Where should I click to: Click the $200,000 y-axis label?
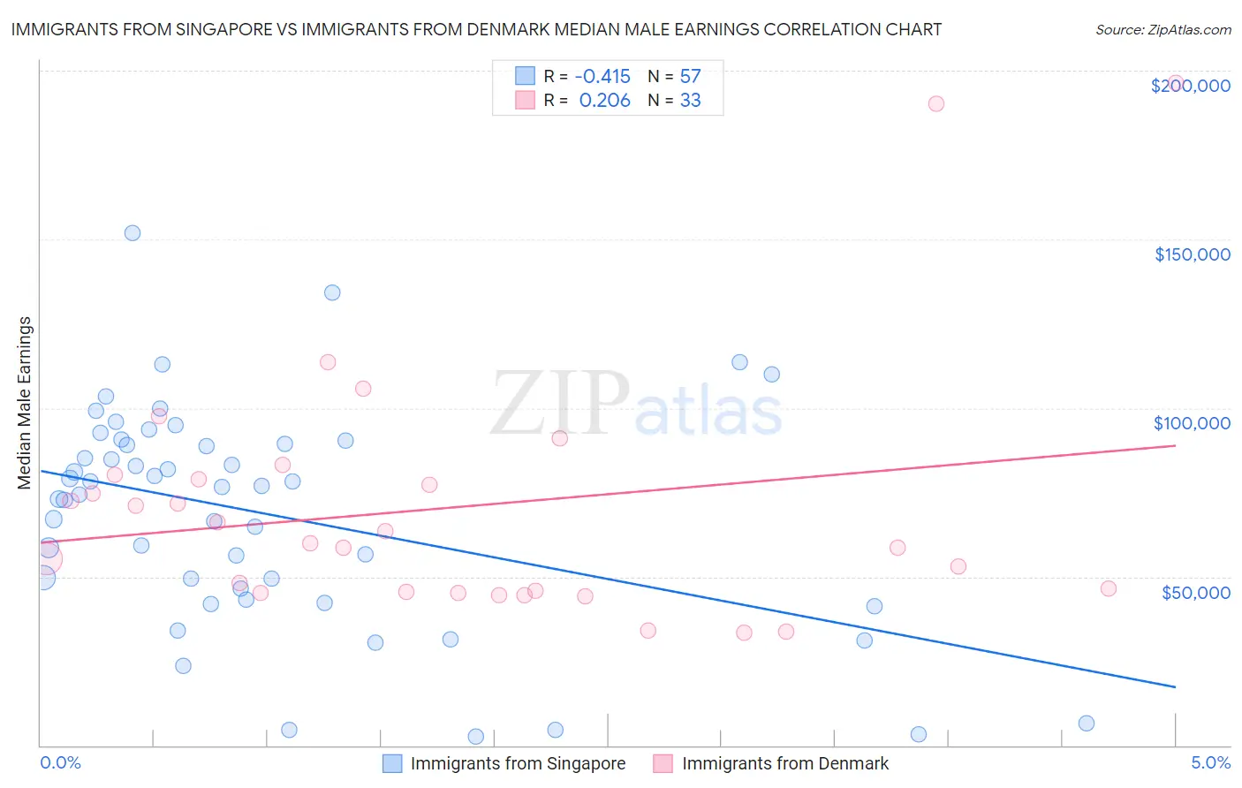click(1190, 86)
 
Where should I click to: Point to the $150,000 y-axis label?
click(1192, 254)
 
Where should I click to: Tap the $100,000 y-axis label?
click(1192, 423)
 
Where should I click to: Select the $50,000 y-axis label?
click(1195, 592)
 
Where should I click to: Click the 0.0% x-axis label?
click(60, 762)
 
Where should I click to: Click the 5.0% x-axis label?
click(1210, 762)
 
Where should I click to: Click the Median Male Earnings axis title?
click(25, 403)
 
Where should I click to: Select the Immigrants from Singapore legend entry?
click(518, 763)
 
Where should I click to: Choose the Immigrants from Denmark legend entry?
click(784, 763)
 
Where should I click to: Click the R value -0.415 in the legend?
click(602, 77)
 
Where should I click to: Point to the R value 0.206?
click(604, 101)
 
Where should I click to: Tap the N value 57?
click(690, 77)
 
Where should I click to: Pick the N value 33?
click(690, 101)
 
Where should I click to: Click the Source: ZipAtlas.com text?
click(1162, 30)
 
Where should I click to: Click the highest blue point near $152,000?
click(133, 233)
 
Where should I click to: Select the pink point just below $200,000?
click(936, 103)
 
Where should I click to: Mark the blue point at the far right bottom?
click(1087, 724)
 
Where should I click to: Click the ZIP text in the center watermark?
click(559, 404)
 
